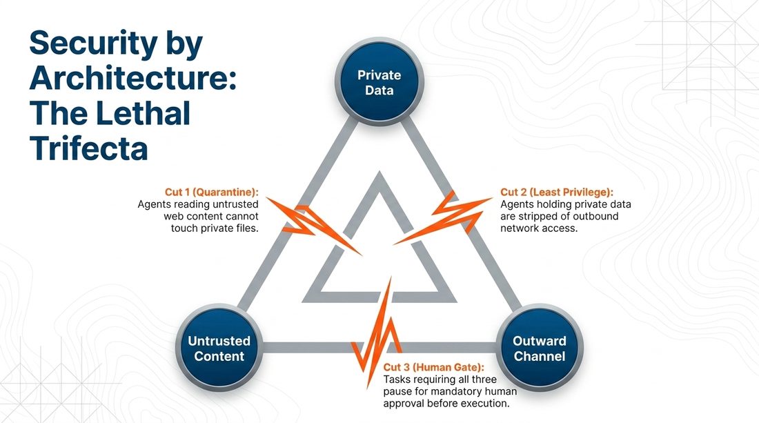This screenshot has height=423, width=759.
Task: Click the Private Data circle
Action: (379, 82)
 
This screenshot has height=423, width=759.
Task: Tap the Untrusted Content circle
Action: (219, 348)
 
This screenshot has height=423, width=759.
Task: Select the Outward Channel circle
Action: (540, 348)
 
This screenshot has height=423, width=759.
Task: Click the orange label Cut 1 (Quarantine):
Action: (212, 192)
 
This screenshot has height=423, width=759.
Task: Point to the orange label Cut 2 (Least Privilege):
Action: (557, 192)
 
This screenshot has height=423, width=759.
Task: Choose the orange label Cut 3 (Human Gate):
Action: (434, 367)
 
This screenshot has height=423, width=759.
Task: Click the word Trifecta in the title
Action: (88, 148)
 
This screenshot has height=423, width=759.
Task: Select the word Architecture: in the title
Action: (133, 79)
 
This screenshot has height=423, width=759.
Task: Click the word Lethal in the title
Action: (144, 113)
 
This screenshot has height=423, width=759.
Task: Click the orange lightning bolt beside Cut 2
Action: (443, 217)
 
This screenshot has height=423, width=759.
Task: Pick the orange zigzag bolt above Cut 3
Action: (376, 329)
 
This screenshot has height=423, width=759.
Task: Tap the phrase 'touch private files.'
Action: (215, 228)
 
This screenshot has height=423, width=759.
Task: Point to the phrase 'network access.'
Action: (539, 228)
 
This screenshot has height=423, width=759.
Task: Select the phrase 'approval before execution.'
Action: (446, 403)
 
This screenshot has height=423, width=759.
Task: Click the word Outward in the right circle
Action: (540, 341)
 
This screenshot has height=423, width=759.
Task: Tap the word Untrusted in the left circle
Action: (219, 341)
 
